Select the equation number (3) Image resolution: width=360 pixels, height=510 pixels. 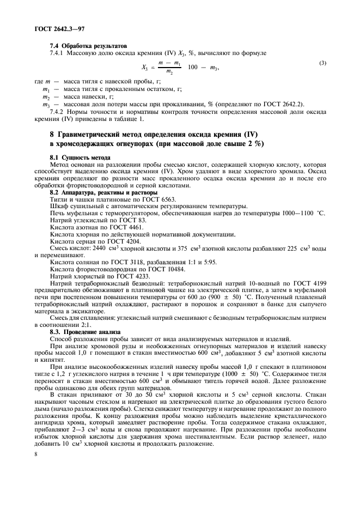(x=323, y=64)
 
